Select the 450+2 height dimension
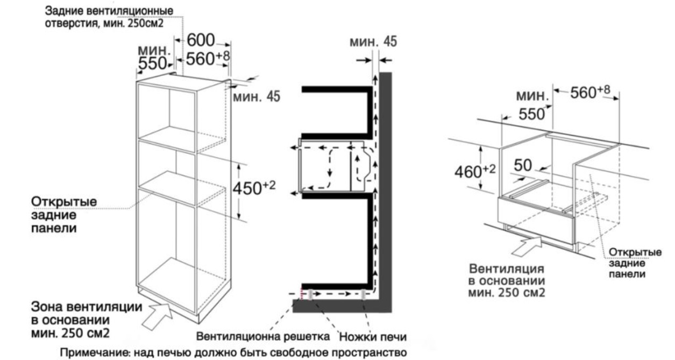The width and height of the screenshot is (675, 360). pyautogui.click(x=254, y=188)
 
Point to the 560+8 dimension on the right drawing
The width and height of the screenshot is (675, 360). pyautogui.click(x=589, y=93)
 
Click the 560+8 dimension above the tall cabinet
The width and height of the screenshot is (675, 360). pyautogui.click(x=205, y=59)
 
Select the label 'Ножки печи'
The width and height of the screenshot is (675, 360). pyautogui.click(x=373, y=337)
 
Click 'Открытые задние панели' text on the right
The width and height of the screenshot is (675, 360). pyautogui.click(x=630, y=263)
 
